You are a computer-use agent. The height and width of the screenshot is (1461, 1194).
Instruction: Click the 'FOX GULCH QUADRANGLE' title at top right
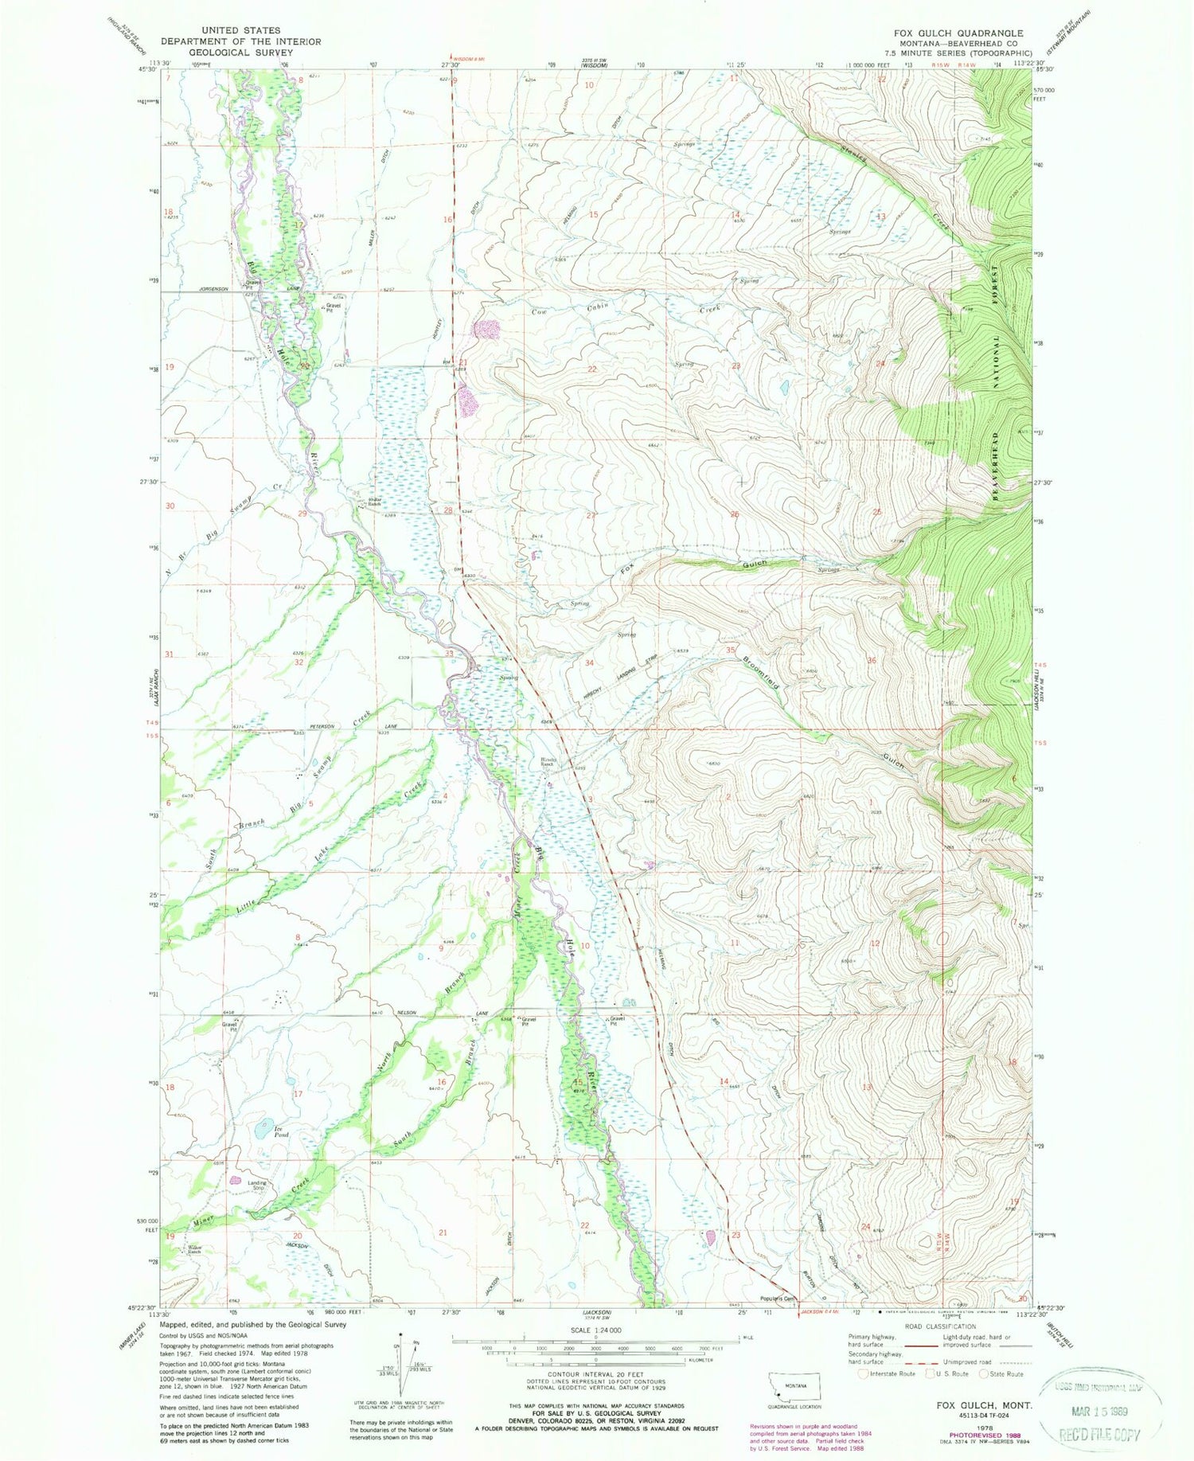[x=958, y=33]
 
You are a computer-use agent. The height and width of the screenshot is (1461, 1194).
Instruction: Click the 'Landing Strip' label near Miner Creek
[x=257, y=1186]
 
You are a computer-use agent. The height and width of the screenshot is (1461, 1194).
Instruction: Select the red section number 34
[x=590, y=662]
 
